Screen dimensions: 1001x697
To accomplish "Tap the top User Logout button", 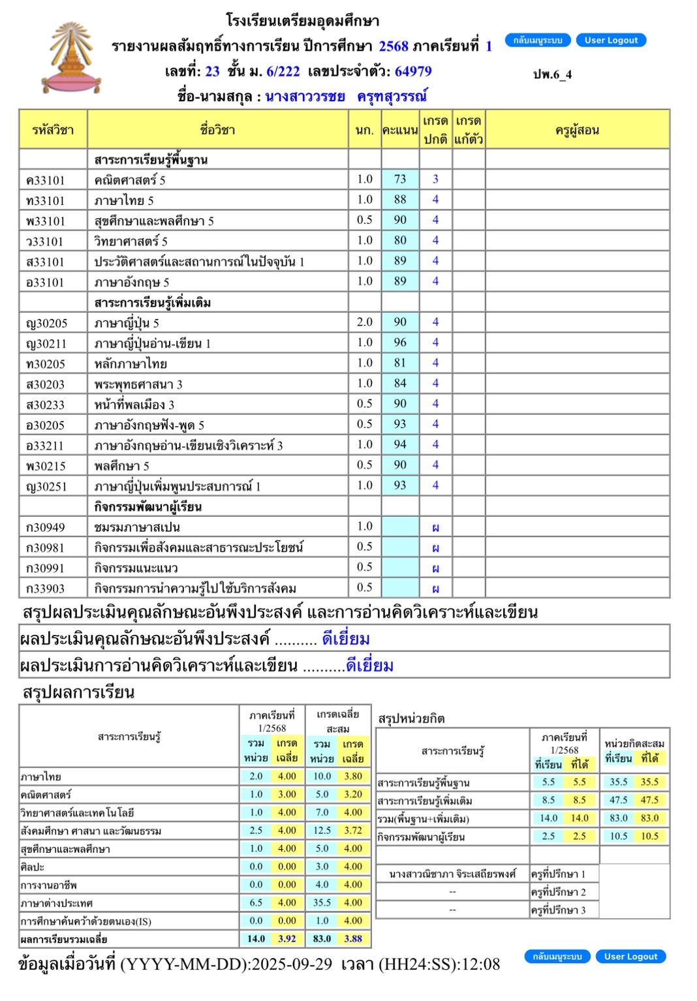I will [x=611, y=40].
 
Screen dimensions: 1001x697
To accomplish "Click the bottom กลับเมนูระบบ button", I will [x=557, y=957].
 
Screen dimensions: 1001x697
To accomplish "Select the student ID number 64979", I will [x=413, y=72].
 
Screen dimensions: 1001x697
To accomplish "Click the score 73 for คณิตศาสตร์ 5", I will [x=400, y=179].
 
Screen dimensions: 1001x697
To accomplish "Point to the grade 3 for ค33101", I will [x=435, y=179].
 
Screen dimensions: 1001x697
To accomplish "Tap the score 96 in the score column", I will [x=400, y=343].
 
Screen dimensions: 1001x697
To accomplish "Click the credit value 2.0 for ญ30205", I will [x=364, y=322].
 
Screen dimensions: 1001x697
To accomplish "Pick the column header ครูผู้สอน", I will [x=577, y=130].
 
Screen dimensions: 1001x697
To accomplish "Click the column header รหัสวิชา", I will [x=53, y=130].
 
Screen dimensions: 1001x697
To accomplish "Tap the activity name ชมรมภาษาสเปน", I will [x=137, y=527].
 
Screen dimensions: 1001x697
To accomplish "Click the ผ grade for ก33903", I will [x=435, y=589].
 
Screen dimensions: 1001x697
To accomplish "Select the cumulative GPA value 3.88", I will [x=353, y=939].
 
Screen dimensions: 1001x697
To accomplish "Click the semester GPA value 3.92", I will [x=287, y=939].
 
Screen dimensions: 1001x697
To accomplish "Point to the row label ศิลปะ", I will [x=33, y=867].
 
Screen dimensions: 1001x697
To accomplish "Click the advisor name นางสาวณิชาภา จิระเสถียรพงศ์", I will [x=452, y=874].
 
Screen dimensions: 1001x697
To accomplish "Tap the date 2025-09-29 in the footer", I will [x=292, y=964].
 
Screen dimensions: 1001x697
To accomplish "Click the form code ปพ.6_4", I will [x=552, y=74].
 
